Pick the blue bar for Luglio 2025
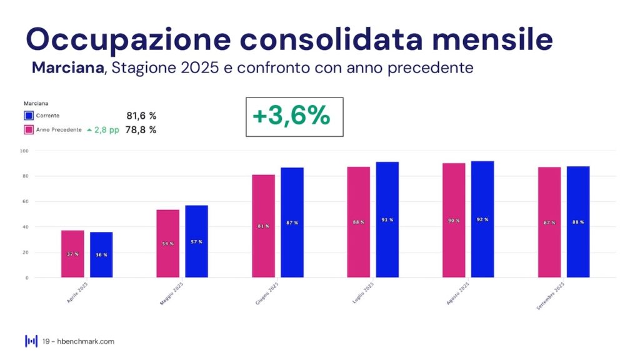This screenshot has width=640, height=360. pos(387,219)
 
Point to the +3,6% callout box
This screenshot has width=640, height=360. pos(294,116)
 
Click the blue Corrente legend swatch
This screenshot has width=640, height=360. pos(28,116)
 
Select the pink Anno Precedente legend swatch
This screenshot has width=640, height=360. pos(28,129)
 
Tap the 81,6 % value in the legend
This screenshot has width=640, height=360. pos(141,116)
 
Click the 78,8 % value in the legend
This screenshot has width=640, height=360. pos(141,129)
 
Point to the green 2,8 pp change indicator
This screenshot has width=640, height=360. pos(102,129)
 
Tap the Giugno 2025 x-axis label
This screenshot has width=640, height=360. pos(266,293)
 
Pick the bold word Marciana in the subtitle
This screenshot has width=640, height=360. pos(67,67)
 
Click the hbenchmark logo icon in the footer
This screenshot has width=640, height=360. pos(31,341)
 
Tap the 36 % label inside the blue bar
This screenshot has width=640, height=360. pos(101,254)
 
